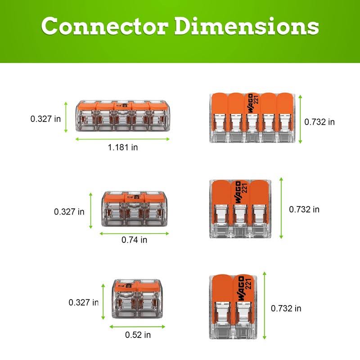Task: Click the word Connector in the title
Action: pos(106,27)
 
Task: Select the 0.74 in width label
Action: pos(134,240)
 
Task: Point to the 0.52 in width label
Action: pos(138,335)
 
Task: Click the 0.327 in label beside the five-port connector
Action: pos(45,119)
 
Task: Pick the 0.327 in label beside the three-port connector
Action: pos(69,211)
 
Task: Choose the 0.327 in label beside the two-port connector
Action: pos(84,303)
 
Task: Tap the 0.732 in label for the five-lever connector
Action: pos(319,121)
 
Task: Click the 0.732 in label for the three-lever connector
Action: pos(304,209)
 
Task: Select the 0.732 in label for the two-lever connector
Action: pos(286,308)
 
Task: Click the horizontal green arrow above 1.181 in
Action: pos(122,139)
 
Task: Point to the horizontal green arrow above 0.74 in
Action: pos(135,233)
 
